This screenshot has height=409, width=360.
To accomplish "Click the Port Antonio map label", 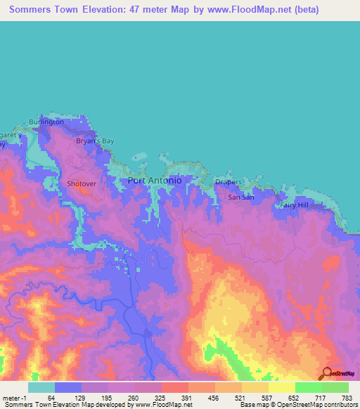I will pos(155,181).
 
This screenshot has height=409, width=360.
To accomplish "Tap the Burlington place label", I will pos(46,122).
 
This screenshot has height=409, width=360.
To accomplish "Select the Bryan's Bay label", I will pos(94,141).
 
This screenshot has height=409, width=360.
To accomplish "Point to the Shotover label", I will pos(80,183).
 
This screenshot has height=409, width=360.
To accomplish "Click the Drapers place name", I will pos(229,182).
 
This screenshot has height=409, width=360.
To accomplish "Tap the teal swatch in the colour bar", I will pos(41,387).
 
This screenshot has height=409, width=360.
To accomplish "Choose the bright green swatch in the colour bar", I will pos(309,387).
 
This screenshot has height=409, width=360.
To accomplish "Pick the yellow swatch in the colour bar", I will pos(282,387).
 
